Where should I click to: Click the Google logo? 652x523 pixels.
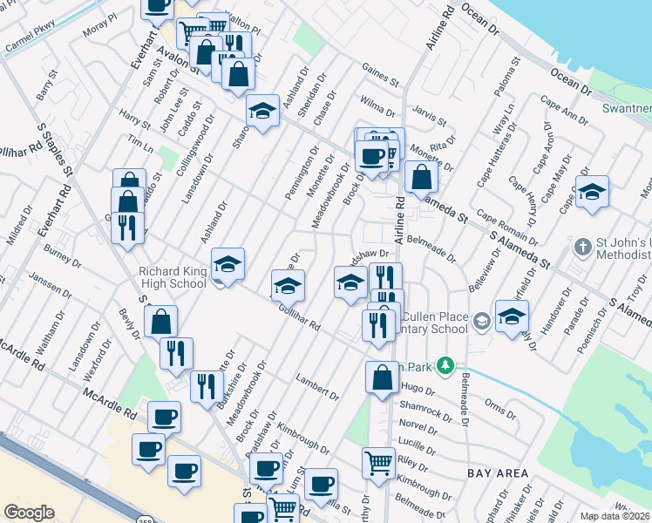pos(29,513)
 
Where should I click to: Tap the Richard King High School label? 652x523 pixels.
pos(173,277)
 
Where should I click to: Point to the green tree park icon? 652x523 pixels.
pos(446,364)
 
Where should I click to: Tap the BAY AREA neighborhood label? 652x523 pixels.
pos(498,472)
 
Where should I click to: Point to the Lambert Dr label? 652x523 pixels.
pos(316,389)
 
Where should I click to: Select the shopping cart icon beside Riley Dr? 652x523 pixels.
pos(377,463)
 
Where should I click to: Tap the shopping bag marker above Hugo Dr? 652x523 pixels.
pos(382,378)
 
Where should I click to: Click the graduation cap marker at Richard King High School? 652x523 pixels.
pos(228,263)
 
